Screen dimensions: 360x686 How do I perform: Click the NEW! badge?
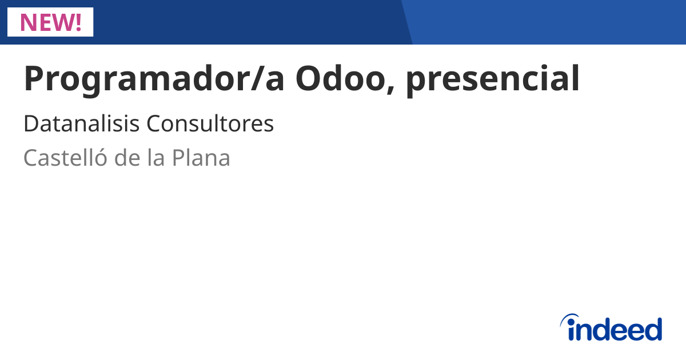click(x=50, y=22)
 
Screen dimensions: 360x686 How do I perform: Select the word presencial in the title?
click(x=492, y=79)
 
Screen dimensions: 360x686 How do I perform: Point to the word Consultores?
click(x=210, y=124)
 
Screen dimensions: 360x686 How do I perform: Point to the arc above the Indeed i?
click(x=571, y=318)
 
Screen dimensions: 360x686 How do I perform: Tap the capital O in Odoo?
click(x=309, y=79)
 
